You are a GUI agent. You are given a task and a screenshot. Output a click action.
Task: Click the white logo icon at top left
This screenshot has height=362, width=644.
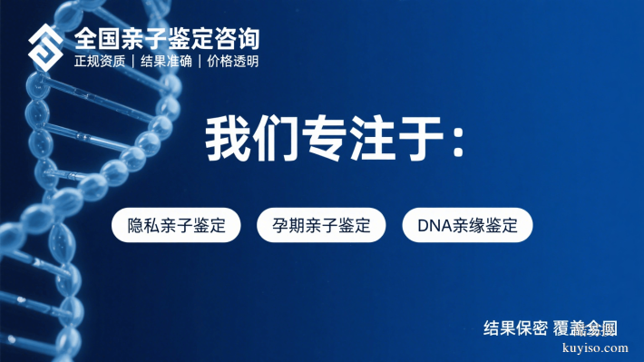[x=46, y=47]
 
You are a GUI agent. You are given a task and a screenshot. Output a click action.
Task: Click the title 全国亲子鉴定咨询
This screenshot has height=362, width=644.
[x=167, y=39]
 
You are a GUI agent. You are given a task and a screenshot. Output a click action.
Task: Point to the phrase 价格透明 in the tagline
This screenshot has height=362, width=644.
[x=232, y=62]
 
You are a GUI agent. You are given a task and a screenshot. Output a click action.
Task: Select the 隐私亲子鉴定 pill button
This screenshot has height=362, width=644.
[x=177, y=225]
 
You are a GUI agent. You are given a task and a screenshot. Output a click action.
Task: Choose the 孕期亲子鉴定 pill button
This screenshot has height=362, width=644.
[x=321, y=225]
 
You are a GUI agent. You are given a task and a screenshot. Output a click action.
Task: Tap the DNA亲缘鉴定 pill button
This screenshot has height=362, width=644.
[x=467, y=225]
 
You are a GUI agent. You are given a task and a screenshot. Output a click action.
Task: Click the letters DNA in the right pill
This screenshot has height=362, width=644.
[x=434, y=225]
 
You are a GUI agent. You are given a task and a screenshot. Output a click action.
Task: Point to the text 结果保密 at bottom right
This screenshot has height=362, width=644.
[x=515, y=328]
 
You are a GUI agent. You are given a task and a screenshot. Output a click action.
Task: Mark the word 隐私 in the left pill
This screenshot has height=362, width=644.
[x=144, y=225]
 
